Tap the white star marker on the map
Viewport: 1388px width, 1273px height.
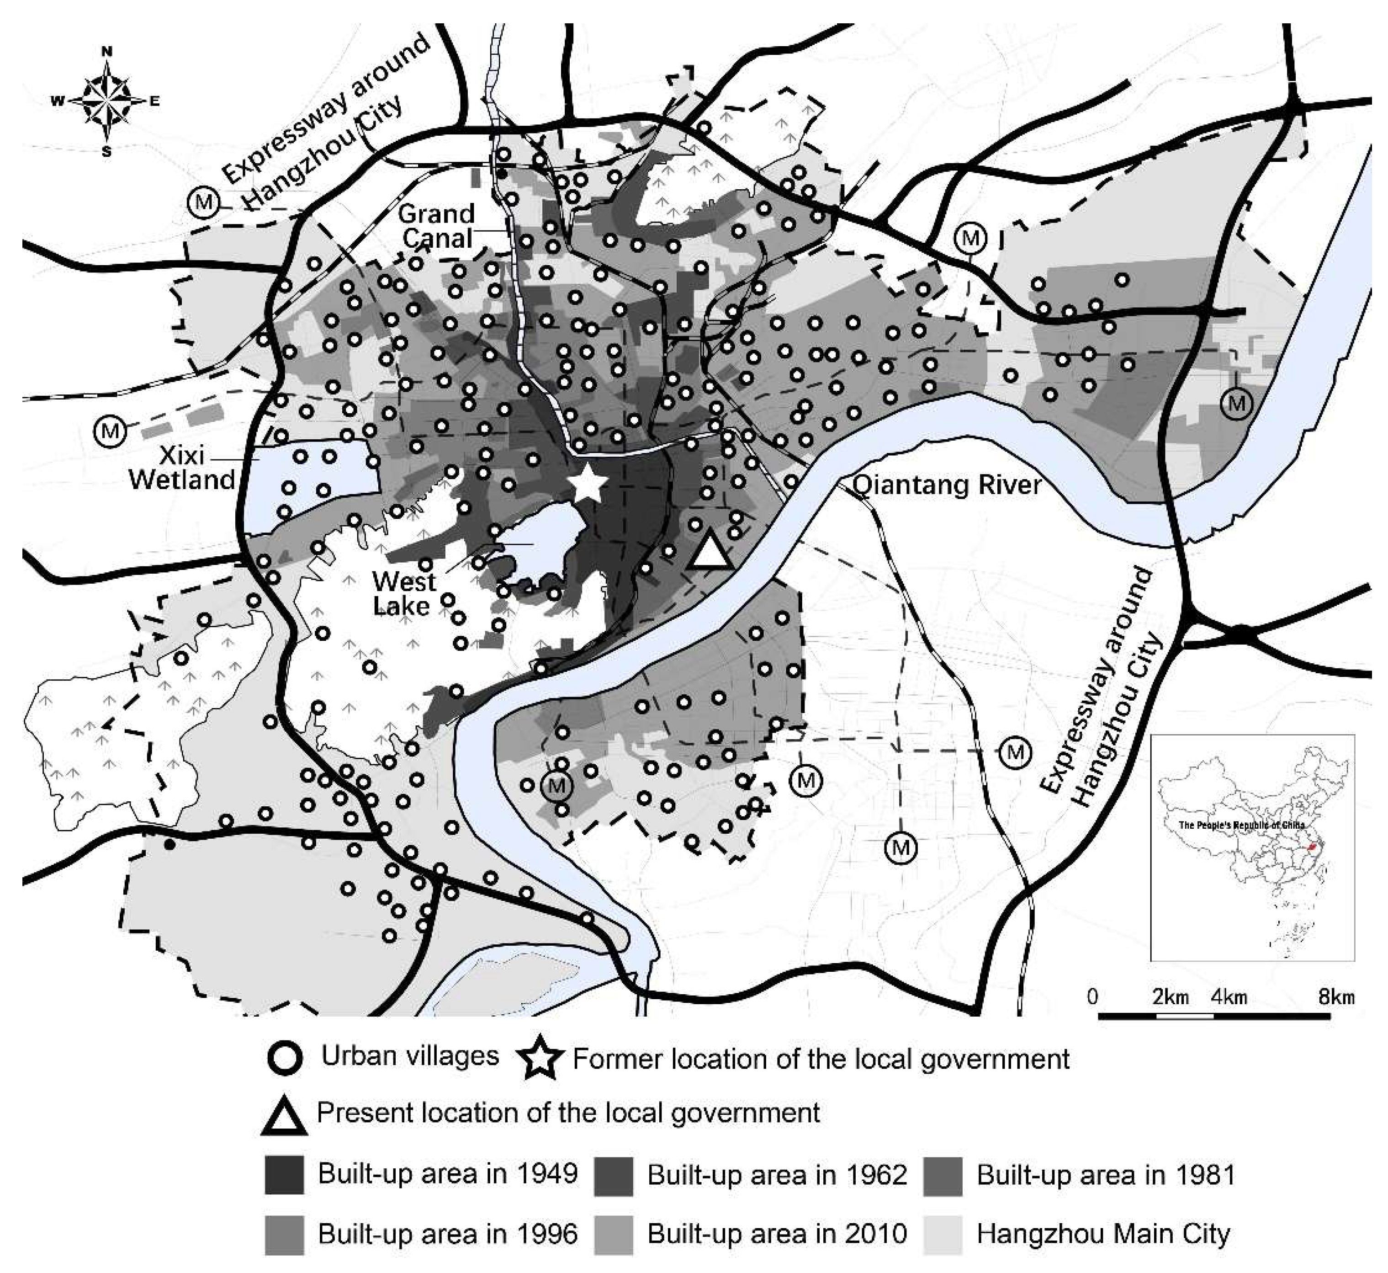[x=590, y=485]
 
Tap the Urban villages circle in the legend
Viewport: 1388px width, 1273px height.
[x=284, y=1058]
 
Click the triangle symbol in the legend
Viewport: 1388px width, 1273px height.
[x=284, y=1117]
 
